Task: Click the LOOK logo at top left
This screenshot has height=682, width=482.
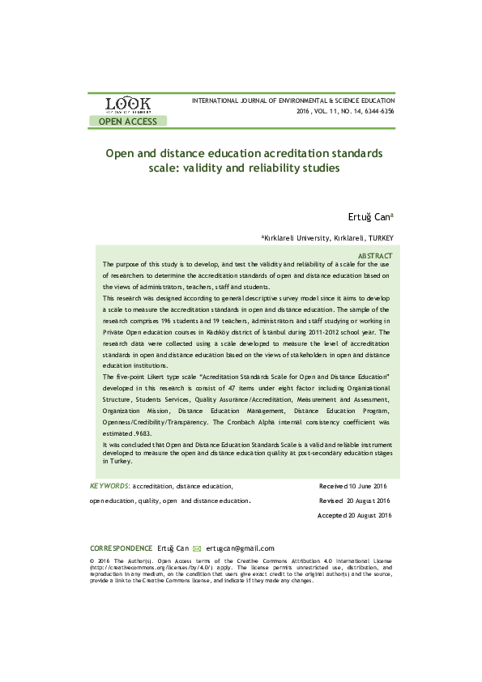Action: [x=127, y=105]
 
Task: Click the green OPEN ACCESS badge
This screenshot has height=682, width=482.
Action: [x=128, y=121]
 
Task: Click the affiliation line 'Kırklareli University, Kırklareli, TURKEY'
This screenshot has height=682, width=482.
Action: [x=327, y=238]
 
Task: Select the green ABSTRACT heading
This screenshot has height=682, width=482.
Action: [x=375, y=255]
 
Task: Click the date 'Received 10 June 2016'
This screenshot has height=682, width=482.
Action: [x=354, y=486]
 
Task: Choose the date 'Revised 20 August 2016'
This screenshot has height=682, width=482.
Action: [x=355, y=501]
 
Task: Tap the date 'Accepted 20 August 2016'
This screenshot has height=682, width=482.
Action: [x=355, y=516]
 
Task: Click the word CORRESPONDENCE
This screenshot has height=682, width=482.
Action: [x=121, y=548]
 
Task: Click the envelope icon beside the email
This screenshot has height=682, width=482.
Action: [x=197, y=548]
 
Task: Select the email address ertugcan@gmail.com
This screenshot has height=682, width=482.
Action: [x=241, y=548]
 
